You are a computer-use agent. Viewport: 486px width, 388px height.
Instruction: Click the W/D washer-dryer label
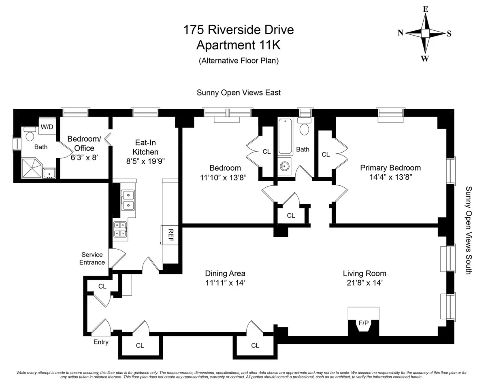[x=47, y=127]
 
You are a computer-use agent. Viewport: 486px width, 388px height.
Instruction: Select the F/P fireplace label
[x=363, y=323]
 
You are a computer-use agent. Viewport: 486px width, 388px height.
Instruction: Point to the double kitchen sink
[x=128, y=200]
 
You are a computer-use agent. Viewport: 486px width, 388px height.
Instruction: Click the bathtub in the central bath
[x=285, y=136]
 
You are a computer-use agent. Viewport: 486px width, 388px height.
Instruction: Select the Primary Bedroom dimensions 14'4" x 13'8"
[x=390, y=177]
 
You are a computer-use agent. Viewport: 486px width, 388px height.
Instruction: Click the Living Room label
[x=364, y=274]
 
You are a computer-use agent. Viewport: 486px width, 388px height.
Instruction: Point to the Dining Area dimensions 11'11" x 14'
[x=225, y=283]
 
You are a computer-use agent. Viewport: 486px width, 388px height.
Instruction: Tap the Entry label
[x=101, y=342]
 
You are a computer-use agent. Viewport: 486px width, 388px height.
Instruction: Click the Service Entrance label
[x=92, y=259]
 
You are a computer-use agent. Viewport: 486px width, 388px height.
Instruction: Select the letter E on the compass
[x=425, y=9]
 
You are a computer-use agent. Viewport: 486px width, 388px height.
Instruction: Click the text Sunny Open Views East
[x=239, y=93]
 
